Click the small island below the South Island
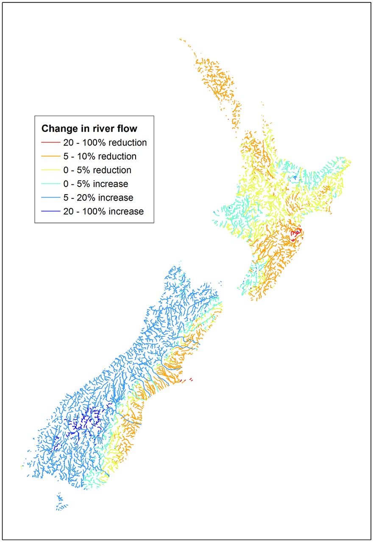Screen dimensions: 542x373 coord(61,503)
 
